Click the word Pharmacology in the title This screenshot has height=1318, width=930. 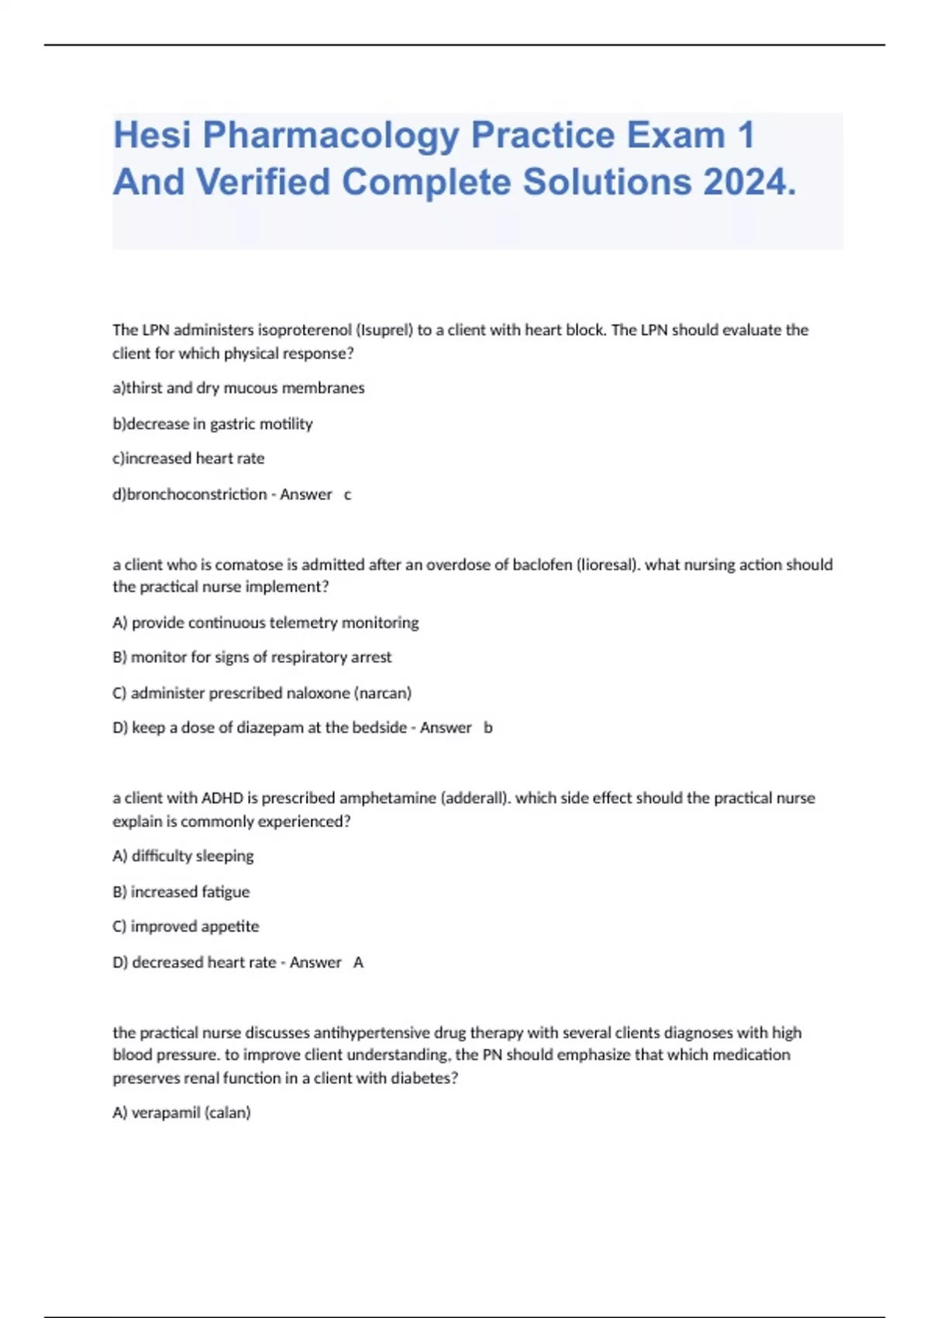pyautogui.click(x=331, y=136)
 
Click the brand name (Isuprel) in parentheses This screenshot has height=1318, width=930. pyautogui.click(x=384, y=330)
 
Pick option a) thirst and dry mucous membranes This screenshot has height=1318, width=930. pyautogui.click(x=239, y=388)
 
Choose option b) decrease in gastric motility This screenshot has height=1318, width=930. pyautogui.click(x=212, y=423)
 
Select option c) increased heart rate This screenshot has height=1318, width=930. pyautogui.click(x=188, y=458)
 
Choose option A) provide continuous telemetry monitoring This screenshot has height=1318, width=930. pyautogui.click(x=266, y=623)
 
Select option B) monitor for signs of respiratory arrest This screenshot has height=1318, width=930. pyautogui.click(x=252, y=657)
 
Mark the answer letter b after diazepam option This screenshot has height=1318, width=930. pyautogui.click(x=488, y=728)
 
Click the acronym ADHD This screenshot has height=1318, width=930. pyautogui.click(x=222, y=798)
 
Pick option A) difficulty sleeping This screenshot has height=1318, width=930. pyautogui.click(x=184, y=856)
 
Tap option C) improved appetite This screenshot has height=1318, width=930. pyautogui.click(x=186, y=926)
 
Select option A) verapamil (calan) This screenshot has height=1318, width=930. pyautogui.click(x=182, y=1113)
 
